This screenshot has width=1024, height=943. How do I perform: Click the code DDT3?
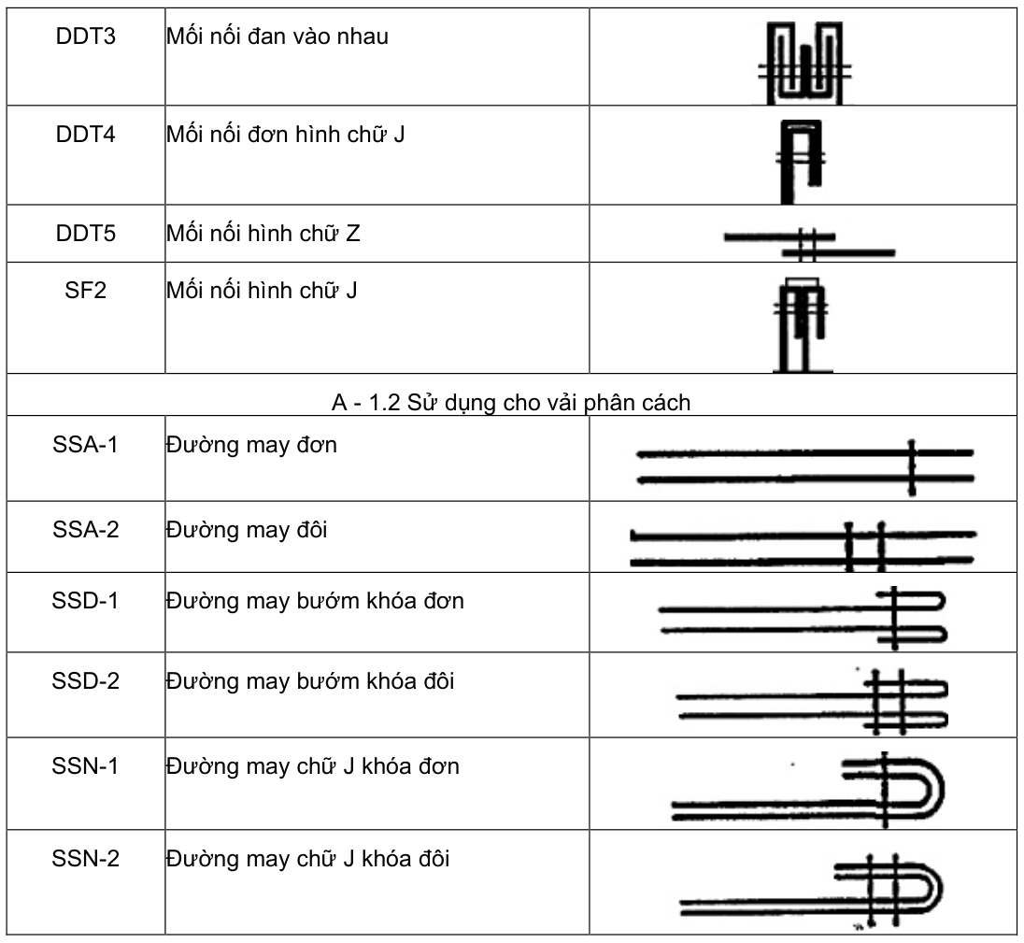(x=86, y=36)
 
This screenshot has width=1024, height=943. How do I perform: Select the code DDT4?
(x=86, y=135)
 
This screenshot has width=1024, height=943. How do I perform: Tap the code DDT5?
(x=86, y=233)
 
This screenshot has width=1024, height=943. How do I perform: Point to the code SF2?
(x=86, y=290)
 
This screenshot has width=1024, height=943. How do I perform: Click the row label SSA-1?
(x=86, y=445)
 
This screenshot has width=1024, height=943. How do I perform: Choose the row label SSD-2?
(x=86, y=681)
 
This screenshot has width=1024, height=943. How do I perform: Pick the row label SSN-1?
(x=86, y=766)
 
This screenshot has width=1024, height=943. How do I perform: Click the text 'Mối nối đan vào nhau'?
(x=277, y=36)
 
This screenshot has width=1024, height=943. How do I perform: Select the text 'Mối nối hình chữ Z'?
(x=263, y=233)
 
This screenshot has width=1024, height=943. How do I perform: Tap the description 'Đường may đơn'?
(x=251, y=445)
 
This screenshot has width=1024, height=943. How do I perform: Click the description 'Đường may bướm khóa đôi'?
(x=310, y=681)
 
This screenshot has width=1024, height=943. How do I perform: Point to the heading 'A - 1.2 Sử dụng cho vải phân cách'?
(x=511, y=402)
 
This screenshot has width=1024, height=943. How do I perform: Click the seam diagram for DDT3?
(x=804, y=63)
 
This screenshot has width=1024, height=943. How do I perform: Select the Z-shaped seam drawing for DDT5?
(x=809, y=245)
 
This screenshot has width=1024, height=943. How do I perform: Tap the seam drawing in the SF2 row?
(x=802, y=325)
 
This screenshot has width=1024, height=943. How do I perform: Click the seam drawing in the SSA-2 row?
(x=804, y=547)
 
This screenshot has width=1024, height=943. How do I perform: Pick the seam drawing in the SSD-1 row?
(x=803, y=618)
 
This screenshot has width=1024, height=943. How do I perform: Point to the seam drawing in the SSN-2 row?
(x=811, y=890)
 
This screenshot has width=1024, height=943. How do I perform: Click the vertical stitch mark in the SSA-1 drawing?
(x=912, y=467)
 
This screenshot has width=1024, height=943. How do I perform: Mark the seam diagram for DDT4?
(x=802, y=162)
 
